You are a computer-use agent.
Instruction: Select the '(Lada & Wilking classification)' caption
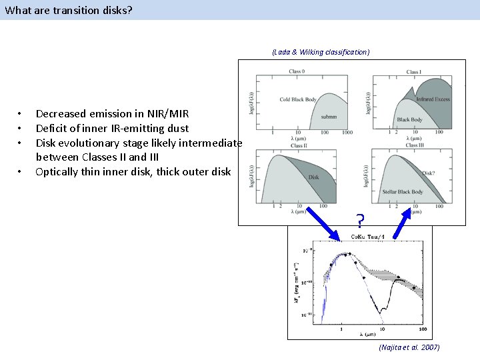321,51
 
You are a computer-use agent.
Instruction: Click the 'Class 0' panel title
297,72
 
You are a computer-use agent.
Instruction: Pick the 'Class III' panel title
414,145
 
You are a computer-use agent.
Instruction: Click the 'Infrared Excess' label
433,99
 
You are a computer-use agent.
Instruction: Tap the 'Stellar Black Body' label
403,192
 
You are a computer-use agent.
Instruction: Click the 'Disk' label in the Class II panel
313,177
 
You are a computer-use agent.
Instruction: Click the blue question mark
359,219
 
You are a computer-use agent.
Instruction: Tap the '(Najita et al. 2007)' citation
409,348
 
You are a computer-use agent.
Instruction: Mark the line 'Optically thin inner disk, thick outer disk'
133,171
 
